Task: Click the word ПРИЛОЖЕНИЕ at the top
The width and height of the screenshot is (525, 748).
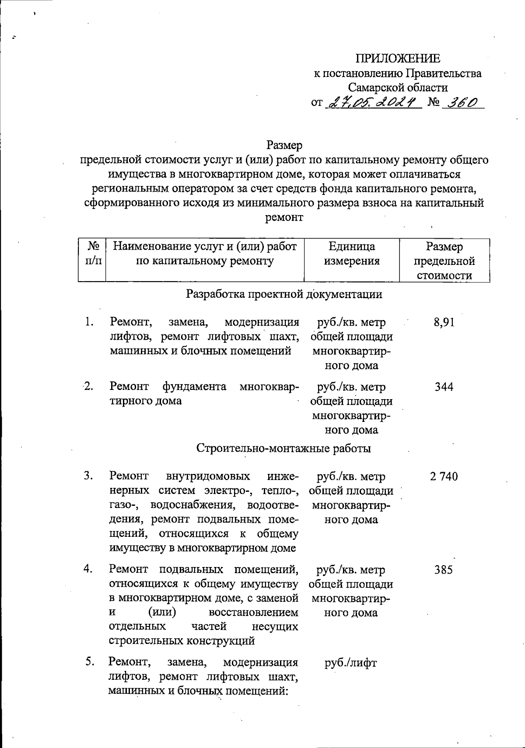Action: (398, 59)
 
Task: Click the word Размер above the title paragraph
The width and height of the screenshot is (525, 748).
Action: (284, 145)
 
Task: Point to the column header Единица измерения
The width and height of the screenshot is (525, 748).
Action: (351, 254)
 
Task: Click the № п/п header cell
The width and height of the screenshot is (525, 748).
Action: (92, 254)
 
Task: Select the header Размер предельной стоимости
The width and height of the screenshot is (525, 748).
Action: (444, 261)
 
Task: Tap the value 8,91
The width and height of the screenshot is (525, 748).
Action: (444, 323)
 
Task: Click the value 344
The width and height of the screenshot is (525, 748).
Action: (444, 387)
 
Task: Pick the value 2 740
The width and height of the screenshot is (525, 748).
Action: (444, 477)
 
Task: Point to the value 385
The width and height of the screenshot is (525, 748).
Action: (444, 570)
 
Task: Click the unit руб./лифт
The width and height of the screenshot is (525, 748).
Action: (350, 663)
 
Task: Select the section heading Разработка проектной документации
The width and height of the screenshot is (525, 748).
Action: (284, 294)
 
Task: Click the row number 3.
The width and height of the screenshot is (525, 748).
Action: (89, 476)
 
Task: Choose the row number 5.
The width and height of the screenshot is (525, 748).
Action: (90, 662)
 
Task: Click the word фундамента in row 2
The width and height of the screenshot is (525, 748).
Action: (194, 386)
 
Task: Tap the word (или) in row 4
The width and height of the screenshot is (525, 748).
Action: (162, 612)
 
